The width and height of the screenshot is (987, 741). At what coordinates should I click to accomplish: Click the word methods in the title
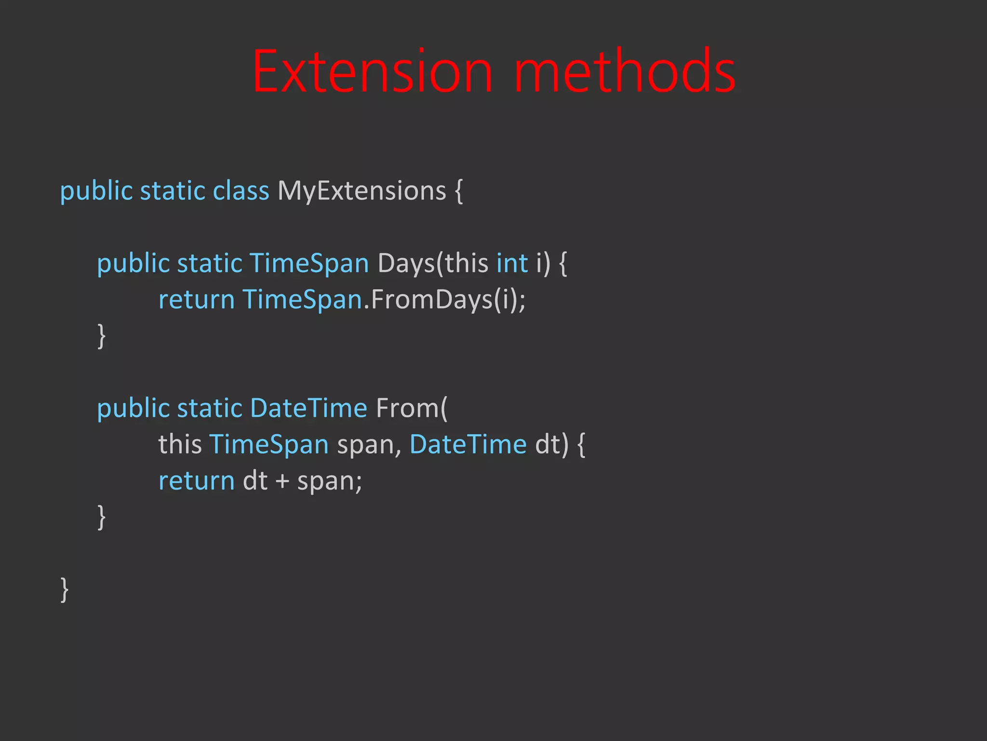pyautogui.click(x=625, y=71)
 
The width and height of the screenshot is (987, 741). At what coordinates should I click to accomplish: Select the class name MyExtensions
pyautogui.click(x=361, y=191)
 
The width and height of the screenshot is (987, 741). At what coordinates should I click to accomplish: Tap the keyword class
pyautogui.click(x=240, y=191)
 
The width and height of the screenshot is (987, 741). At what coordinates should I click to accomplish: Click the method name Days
pyautogui.click(x=406, y=264)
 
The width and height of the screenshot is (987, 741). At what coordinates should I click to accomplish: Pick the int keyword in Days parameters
pyautogui.click(x=512, y=264)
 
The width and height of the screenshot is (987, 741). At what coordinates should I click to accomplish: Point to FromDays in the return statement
pyautogui.click(x=432, y=300)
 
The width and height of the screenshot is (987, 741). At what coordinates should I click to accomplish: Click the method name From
pyautogui.click(x=408, y=409)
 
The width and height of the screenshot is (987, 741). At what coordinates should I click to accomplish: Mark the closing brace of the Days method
pyautogui.click(x=101, y=336)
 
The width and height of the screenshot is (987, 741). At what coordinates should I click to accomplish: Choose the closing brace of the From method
pyautogui.click(x=101, y=517)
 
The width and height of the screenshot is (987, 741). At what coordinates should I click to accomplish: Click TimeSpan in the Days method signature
pyautogui.click(x=309, y=264)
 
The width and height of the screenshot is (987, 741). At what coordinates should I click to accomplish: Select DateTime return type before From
pyautogui.click(x=308, y=409)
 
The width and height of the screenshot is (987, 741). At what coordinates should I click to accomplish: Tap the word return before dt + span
pyautogui.click(x=196, y=481)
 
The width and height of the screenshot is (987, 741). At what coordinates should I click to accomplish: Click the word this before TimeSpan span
pyautogui.click(x=180, y=444)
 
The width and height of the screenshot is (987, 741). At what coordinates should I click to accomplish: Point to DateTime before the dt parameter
pyautogui.click(x=467, y=444)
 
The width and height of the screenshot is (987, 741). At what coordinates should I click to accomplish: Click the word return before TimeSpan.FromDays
pyautogui.click(x=196, y=300)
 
